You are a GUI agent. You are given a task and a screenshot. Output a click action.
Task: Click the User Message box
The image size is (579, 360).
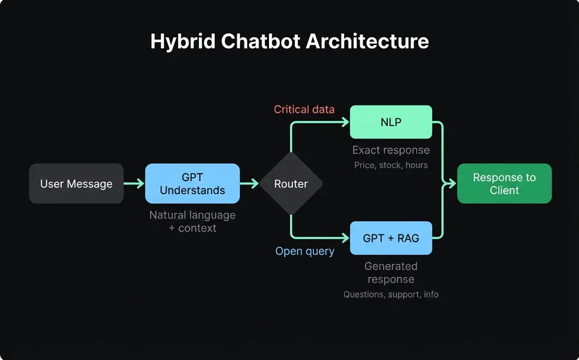click(76, 184)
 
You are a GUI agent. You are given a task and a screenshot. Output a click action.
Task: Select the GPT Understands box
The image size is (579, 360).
click(192, 184)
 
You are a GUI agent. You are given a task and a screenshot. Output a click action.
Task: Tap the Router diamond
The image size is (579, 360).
click(291, 184)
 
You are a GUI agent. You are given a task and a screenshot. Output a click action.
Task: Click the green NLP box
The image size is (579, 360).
click(391, 122)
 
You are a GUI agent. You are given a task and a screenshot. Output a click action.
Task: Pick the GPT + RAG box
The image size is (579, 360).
click(391, 238)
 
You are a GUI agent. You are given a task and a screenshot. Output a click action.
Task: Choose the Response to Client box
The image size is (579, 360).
click(504, 184)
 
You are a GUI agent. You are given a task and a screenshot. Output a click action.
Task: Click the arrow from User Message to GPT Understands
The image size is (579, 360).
click(134, 184)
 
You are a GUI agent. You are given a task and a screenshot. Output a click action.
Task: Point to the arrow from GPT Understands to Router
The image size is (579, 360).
click(250, 184)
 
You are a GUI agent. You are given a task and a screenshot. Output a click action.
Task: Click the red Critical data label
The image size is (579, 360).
click(304, 109)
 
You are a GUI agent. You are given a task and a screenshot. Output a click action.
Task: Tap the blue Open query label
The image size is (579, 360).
click(305, 251)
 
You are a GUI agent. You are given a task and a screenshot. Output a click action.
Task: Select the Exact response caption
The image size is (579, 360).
click(391, 150)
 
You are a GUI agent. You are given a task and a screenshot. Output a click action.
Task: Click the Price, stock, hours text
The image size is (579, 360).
click(391, 165)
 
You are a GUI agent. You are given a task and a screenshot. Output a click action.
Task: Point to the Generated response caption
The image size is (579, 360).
click(391, 273)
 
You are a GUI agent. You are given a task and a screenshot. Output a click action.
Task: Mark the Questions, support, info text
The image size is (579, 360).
click(391, 294)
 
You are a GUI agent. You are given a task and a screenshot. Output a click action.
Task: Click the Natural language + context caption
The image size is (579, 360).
click(192, 221)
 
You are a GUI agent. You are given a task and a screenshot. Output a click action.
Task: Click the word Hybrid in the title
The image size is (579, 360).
click(182, 42)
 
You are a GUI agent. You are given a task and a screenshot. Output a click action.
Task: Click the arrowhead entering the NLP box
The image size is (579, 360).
click(345, 122)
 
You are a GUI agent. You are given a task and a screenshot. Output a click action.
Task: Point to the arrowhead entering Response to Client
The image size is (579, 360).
click(452, 184)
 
